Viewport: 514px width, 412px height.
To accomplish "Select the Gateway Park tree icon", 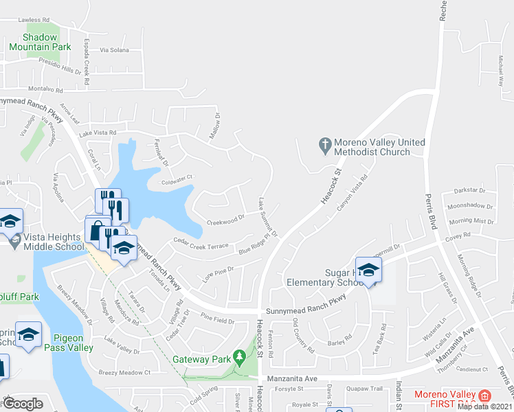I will point(239,357).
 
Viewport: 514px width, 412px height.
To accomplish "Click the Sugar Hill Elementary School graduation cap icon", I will point(368,269).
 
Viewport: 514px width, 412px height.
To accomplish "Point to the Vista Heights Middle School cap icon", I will point(10,221).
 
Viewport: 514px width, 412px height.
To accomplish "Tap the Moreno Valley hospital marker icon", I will point(484,396).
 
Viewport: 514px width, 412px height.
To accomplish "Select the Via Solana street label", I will point(114,50).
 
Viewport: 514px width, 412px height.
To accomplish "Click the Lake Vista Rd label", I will point(98,133).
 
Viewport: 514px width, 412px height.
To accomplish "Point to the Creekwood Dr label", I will point(226,220).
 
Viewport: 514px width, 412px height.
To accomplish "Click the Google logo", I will point(23,404).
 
